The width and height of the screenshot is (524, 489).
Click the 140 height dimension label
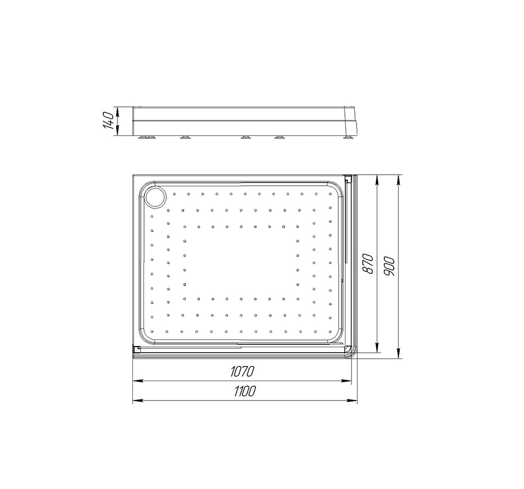[x=108, y=121]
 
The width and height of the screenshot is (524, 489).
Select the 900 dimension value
[x=389, y=266]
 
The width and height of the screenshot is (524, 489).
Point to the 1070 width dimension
[x=243, y=372]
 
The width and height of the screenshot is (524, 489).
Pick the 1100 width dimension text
[x=245, y=391]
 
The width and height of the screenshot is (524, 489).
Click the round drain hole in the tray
[x=155, y=197]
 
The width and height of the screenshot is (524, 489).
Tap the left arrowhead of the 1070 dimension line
[x=138, y=381]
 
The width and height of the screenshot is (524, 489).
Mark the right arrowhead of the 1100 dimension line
[x=352, y=401]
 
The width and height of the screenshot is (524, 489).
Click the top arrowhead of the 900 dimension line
[x=398, y=180]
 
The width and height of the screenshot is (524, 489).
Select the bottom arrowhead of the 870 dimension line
[x=377, y=347]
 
